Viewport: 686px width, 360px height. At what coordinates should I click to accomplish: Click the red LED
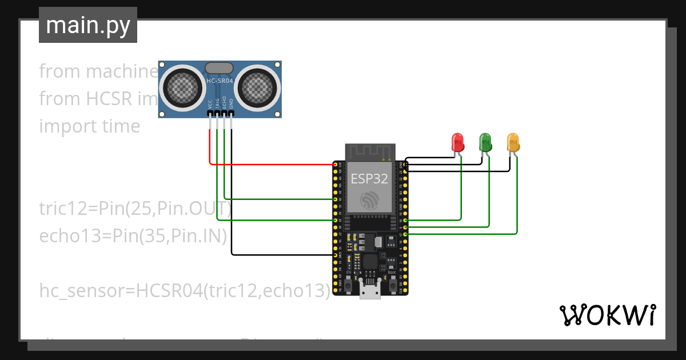457,142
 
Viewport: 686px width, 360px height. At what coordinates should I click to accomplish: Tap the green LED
485,142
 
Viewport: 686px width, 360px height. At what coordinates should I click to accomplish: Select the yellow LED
513,142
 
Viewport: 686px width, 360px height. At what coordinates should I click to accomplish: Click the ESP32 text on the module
369,178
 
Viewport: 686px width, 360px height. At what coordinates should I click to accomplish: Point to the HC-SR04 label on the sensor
220,82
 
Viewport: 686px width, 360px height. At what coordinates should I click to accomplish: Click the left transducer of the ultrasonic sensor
182,87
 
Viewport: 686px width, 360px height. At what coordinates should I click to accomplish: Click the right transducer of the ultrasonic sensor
257,87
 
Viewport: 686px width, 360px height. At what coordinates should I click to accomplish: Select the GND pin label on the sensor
232,104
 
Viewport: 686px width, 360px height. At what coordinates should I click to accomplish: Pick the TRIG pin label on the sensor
217,103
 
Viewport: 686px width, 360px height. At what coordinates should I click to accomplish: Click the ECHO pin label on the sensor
225,103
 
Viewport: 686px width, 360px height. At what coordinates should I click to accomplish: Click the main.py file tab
88,25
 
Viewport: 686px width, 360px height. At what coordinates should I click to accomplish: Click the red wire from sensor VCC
269,165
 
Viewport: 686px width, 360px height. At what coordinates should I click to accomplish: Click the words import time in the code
89,126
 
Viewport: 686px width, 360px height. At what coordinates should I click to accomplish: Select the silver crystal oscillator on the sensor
220,68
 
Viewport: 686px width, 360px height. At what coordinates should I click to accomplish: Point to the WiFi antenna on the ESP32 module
370,153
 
